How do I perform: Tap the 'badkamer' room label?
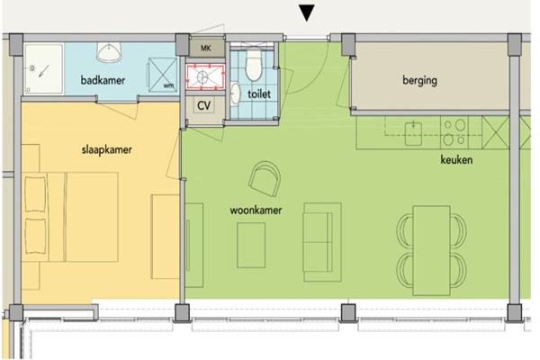click(x=103, y=80)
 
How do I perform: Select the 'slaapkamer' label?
click(x=107, y=150)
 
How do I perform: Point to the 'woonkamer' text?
click(x=256, y=210)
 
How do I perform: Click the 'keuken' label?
click(x=456, y=159)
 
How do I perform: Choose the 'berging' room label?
click(x=419, y=80)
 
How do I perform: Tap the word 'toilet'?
click(x=259, y=94)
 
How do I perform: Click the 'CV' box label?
click(x=204, y=105)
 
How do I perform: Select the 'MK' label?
click(x=205, y=48)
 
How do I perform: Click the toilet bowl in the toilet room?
click(x=254, y=64)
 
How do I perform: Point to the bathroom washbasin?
click(x=109, y=52)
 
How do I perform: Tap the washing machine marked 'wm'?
click(x=163, y=75)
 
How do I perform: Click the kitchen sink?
click(x=413, y=133)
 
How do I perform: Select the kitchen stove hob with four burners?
click(x=454, y=132)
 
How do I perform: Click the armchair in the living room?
click(x=265, y=178)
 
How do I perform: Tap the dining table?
click(x=431, y=250)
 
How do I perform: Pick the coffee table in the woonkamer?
click(x=251, y=245)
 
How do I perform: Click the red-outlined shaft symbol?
click(x=205, y=76)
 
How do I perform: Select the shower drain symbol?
click(x=32, y=68)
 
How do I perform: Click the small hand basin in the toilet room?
click(x=236, y=93)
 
